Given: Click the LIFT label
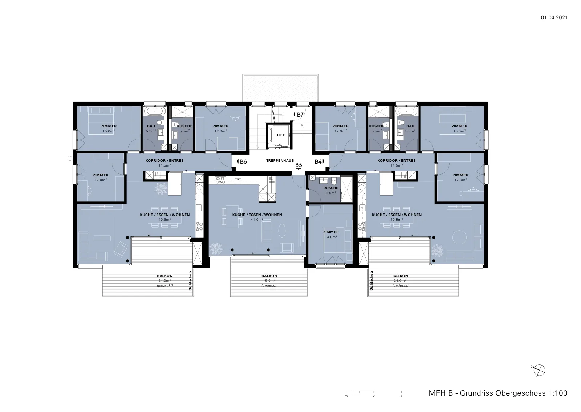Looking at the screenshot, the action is pos(281,135).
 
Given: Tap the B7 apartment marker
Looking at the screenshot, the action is pos(298,115).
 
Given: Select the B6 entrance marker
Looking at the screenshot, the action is pos(242,161).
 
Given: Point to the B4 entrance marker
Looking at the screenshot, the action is pos(320,161).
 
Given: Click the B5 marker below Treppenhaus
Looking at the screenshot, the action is pos(298,165).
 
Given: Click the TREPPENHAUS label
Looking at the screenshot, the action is pos(280,160).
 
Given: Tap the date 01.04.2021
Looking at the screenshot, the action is pos(554,17).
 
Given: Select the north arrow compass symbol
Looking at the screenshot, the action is pos(539,370).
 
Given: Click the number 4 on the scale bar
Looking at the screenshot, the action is pos(401,396).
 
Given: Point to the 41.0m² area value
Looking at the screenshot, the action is pos(257,220).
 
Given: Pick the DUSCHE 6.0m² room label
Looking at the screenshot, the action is pos(331,191).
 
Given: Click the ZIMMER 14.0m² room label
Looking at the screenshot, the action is pos(331,234).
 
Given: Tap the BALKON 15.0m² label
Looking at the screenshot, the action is pos(269,278).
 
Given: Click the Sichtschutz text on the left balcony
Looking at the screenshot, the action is pos(190,281).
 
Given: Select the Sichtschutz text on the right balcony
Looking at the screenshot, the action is pos(371,281).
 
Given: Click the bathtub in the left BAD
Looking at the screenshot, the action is pos(155,112).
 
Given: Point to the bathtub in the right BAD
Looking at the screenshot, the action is pos(406,112).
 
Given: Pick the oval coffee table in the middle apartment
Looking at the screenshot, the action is pos(282,230).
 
